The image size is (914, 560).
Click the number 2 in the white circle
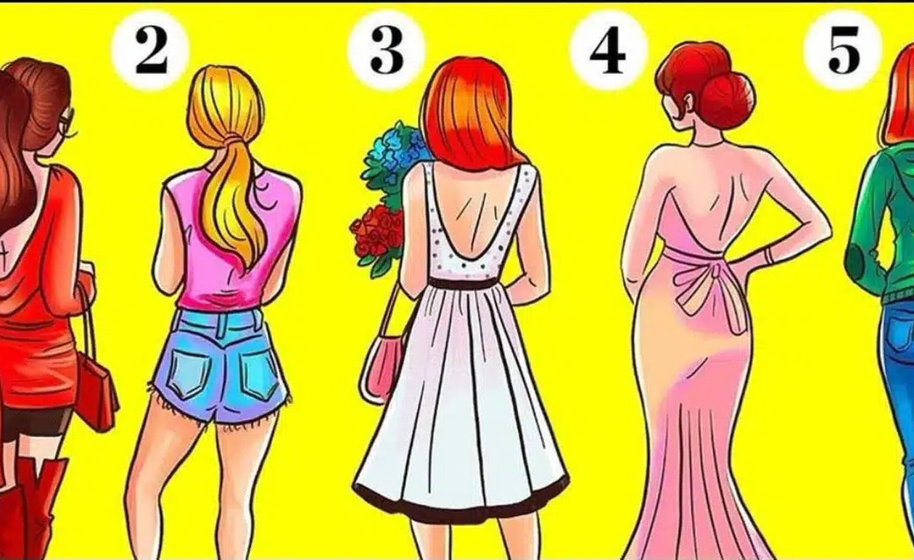point(151,52)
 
